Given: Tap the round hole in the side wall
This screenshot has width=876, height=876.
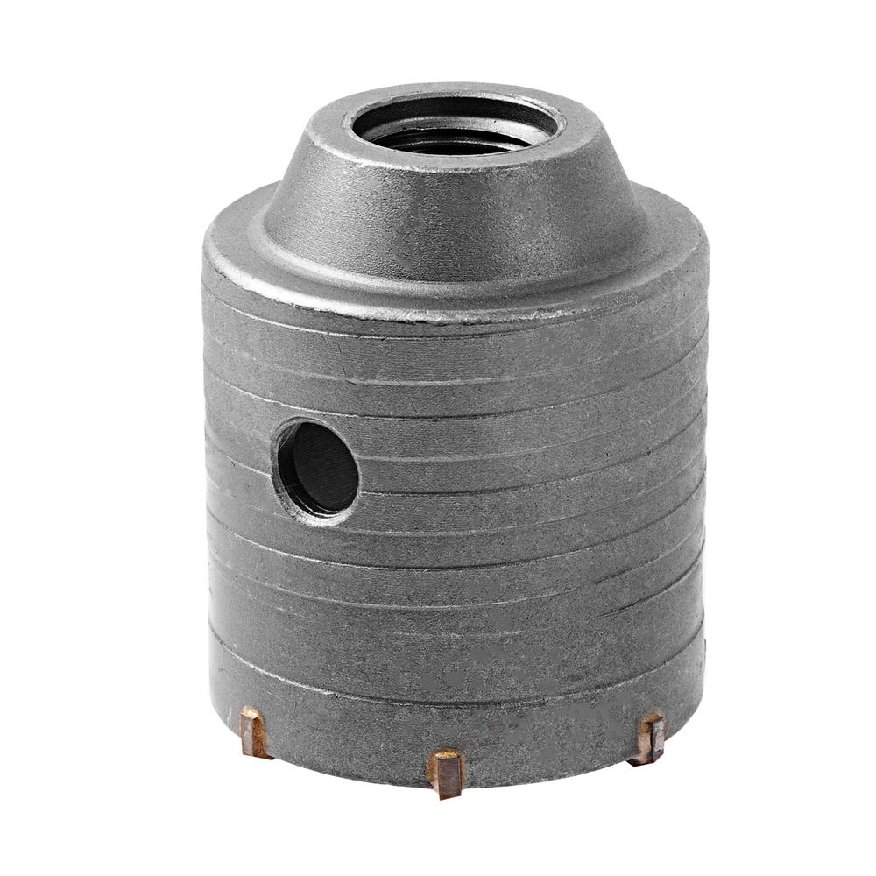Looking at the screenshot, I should [320, 469].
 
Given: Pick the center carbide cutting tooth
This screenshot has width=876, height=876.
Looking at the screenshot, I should [446, 772].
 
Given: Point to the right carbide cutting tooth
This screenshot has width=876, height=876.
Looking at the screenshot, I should [648, 738].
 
